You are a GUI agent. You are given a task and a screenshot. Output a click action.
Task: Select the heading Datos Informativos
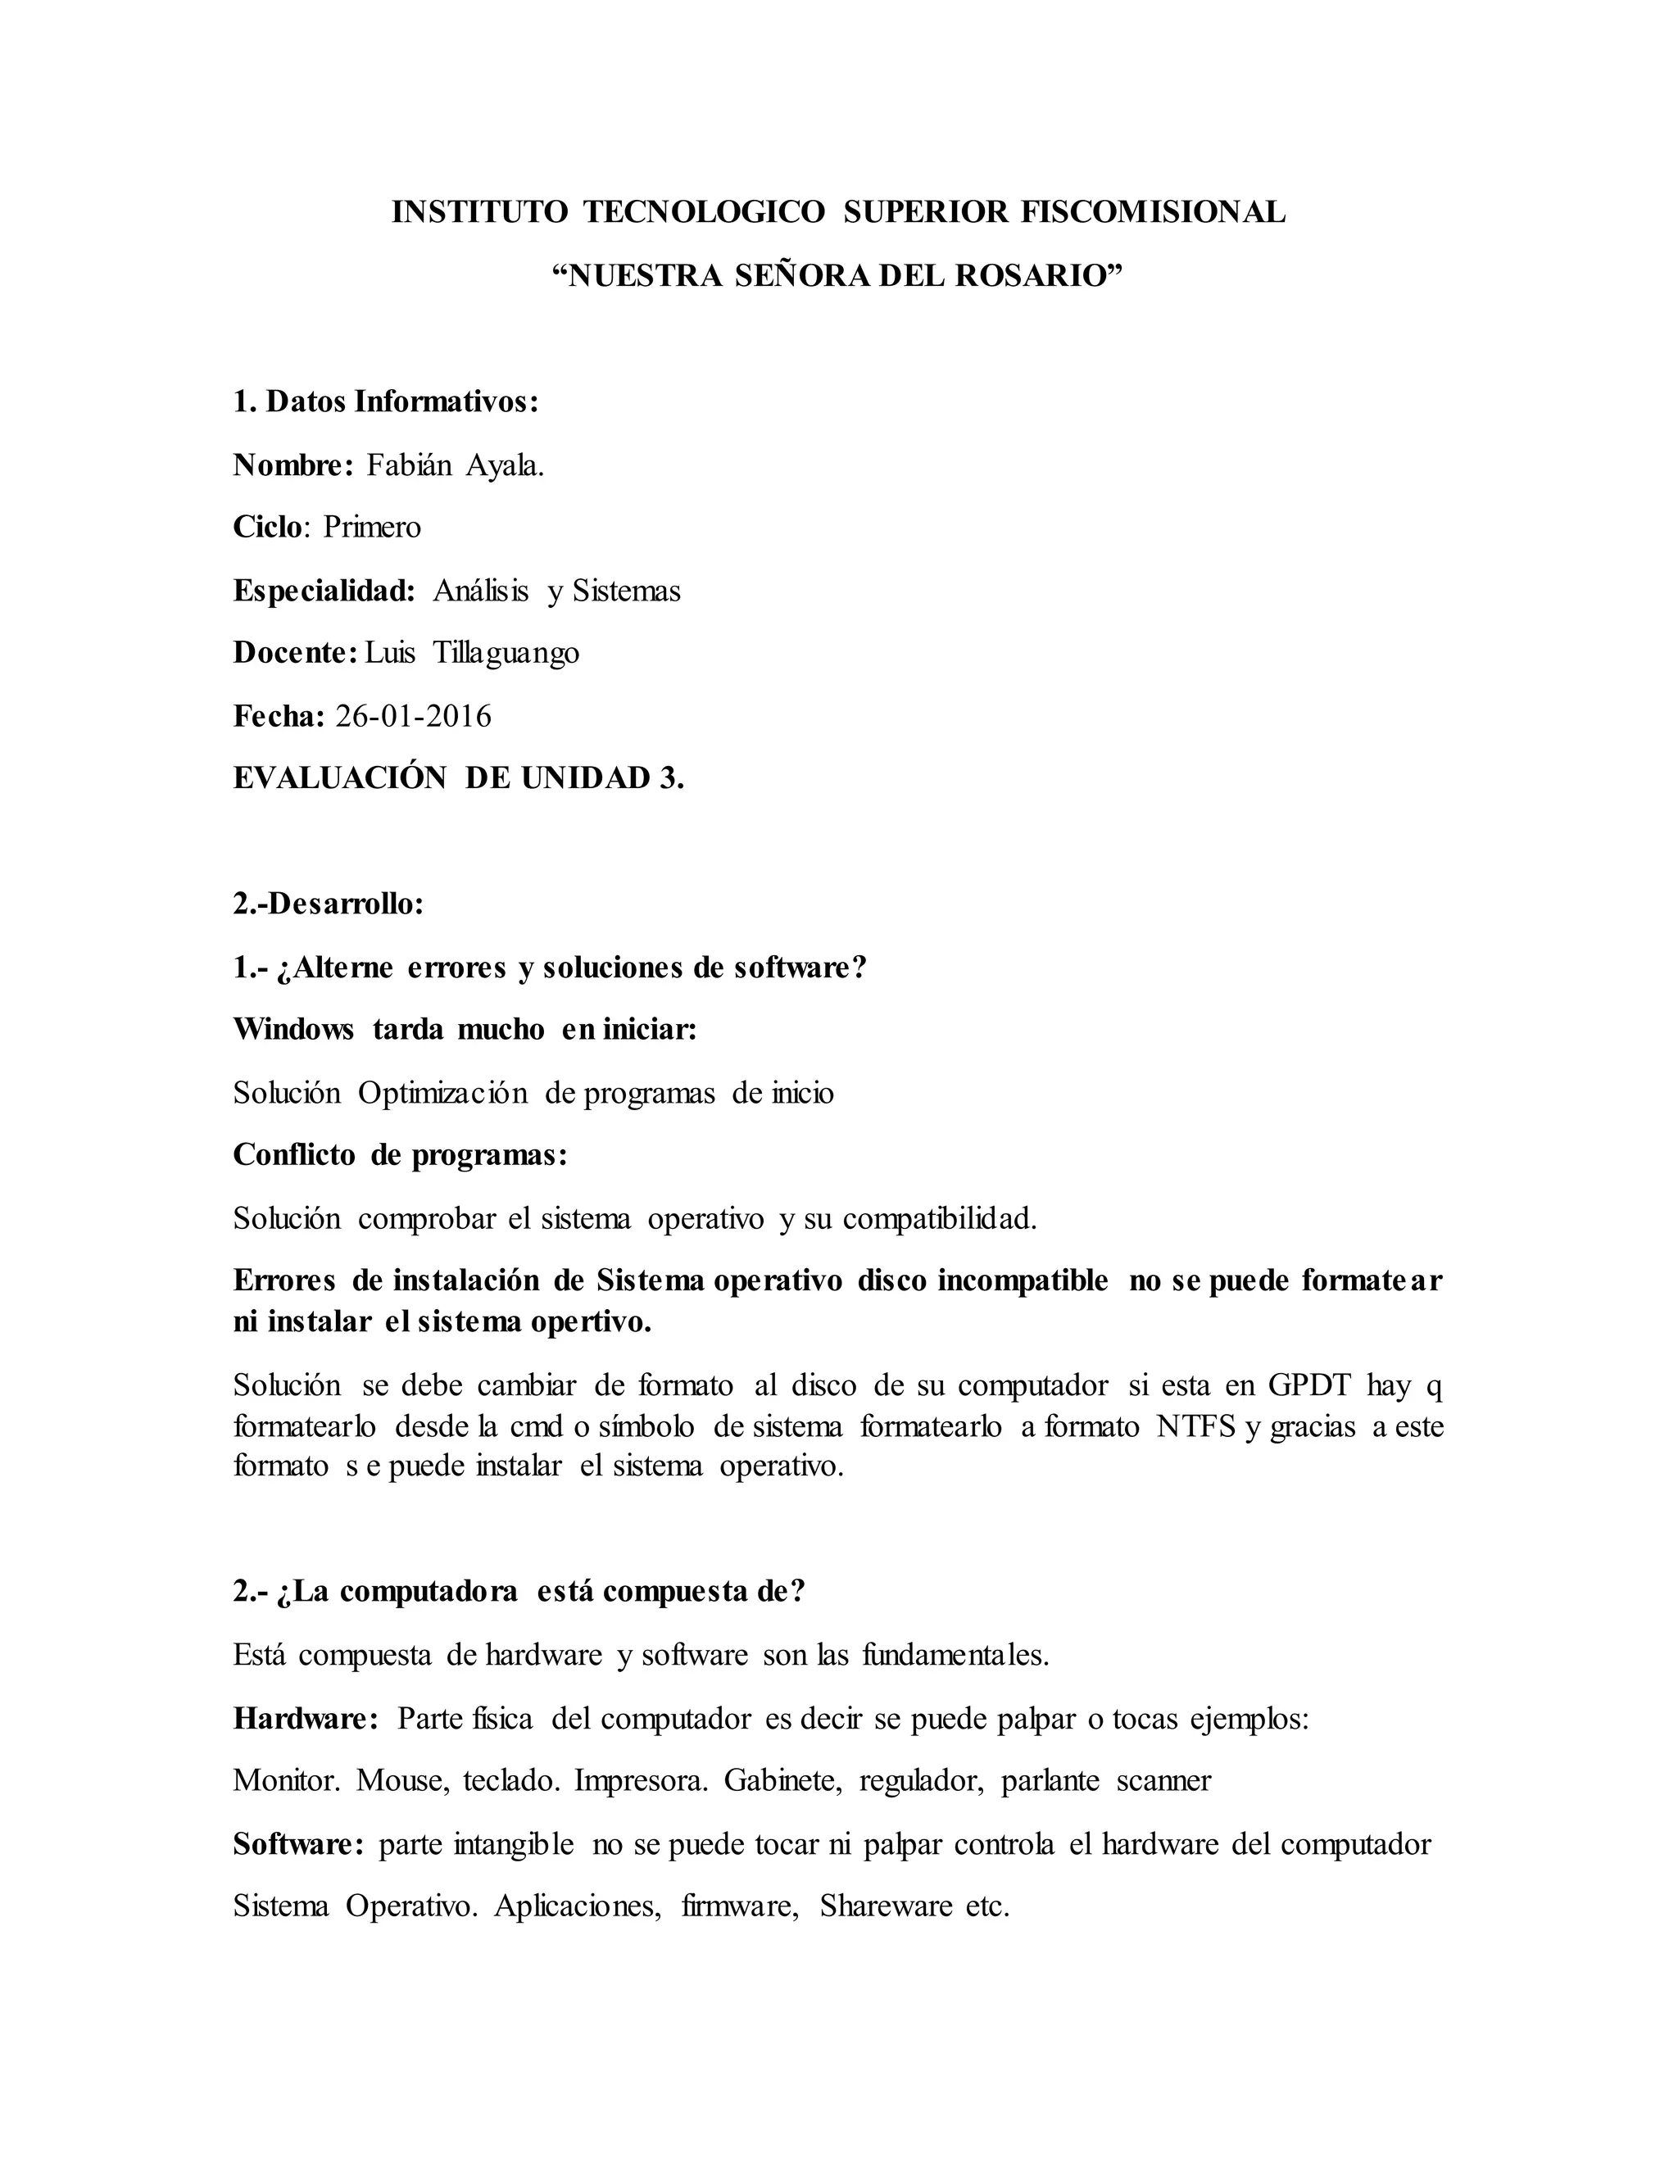pyautogui.click(x=386, y=401)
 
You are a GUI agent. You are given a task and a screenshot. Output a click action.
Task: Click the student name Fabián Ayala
pyautogui.click(x=456, y=465)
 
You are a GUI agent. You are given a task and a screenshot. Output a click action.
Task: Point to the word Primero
pyautogui.click(x=372, y=527)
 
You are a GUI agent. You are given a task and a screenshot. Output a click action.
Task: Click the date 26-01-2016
pyautogui.click(x=414, y=716)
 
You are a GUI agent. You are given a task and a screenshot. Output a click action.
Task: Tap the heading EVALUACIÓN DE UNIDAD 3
pyautogui.click(x=458, y=778)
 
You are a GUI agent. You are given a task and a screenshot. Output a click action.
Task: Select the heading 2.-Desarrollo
pyautogui.click(x=329, y=904)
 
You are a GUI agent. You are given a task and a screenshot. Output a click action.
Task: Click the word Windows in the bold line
pyautogui.click(x=293, y=1030)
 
